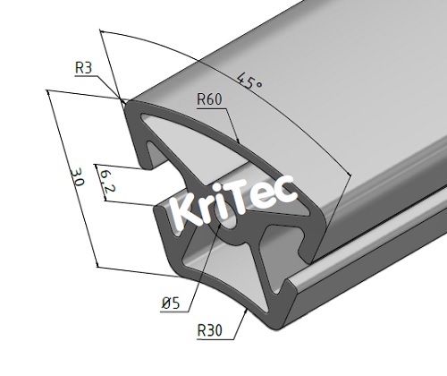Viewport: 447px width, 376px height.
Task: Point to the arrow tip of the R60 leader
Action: click(x=240, y=141)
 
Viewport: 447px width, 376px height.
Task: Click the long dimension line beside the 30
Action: click(x=72, y=179)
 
